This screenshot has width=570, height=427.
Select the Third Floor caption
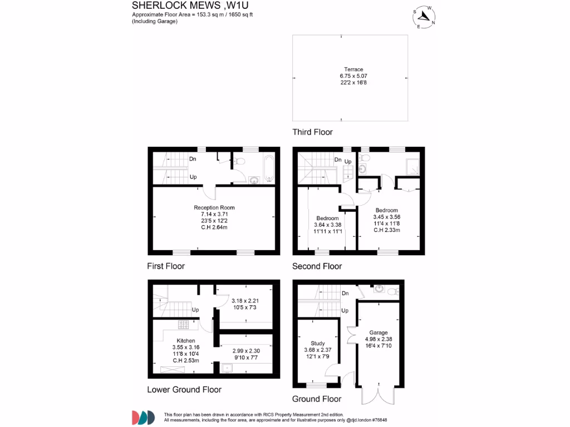(312, 132)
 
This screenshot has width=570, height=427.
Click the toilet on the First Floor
(239, 162)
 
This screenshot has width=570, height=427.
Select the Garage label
(378, 332)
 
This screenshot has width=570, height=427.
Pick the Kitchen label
(186, 341)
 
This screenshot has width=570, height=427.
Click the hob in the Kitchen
(183, 325)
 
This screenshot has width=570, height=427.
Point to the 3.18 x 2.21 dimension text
(244, 301)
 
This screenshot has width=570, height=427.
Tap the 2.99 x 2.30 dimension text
(245, 351)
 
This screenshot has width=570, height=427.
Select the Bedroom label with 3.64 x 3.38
(327, 218)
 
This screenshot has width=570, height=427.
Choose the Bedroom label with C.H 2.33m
(386, 210)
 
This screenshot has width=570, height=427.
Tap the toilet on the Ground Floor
(393, 290)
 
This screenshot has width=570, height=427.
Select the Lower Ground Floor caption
(184, 390)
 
